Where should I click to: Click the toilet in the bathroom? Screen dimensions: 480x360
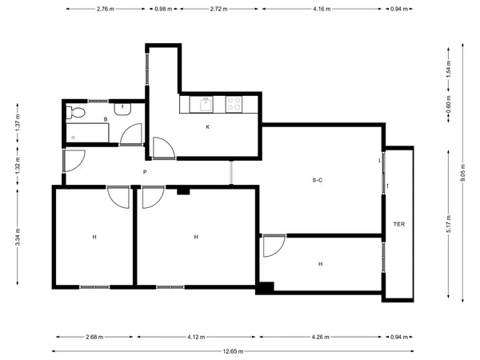75,112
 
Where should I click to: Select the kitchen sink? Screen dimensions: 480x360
201,104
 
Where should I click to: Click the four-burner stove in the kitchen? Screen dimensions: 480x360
234,104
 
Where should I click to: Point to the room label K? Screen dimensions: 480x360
207,126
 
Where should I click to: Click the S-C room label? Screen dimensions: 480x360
317,180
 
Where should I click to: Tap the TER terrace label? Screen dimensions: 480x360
399,224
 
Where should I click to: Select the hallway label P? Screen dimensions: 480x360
145,172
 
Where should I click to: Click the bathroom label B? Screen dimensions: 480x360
106,119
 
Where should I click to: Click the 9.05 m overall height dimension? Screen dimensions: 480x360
463,173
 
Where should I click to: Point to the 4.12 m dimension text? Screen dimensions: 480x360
196,337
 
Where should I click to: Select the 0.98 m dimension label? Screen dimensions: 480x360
163,9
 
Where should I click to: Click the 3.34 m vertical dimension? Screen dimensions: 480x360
18,237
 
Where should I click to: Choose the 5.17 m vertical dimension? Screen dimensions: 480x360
449,224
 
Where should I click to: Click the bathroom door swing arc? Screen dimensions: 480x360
129,128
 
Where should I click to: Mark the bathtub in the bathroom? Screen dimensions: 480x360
87,133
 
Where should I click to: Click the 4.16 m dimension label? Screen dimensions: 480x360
322,9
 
